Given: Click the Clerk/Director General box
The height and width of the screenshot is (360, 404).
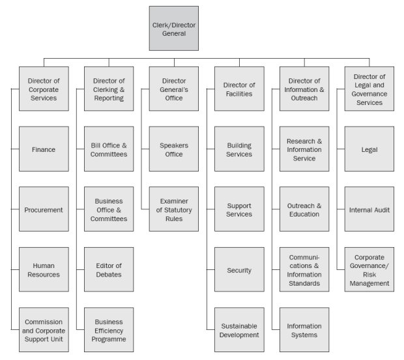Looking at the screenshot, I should tap(173, 28).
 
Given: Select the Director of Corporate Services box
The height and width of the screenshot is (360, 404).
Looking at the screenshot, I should tap(44, 89).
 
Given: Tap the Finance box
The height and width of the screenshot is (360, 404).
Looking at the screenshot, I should tap(44, 149).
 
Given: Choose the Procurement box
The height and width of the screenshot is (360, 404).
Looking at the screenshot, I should tap(44, 209).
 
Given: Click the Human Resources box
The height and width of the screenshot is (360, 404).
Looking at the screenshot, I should tap(44, 269).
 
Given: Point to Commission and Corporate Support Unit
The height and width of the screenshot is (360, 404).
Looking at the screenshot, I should tap(44, 330).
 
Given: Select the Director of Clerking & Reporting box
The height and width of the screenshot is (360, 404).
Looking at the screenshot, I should tap(109, 89).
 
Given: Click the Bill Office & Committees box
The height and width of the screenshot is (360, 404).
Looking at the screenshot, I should tap(109, 149).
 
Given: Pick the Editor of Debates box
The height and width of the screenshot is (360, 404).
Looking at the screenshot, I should tap(109, 269).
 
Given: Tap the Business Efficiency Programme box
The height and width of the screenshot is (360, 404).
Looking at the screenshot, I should tap(109, 330).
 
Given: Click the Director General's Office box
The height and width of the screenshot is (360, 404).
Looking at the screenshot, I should tap(173, 89).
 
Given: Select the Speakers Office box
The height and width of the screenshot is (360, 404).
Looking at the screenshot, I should tap(173, 149).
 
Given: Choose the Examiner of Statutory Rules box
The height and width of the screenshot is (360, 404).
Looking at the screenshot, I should tap(173, 209).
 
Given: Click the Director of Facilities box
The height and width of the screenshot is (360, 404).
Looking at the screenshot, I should tap(239, 89).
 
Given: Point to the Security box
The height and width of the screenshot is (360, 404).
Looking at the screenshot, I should tap(239, 269).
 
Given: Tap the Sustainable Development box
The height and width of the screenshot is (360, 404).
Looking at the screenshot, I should tap(239, 330).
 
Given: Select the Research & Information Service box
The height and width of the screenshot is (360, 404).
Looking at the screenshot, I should tap(304, 149).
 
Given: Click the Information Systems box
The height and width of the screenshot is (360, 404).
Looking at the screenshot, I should tap(304, 330).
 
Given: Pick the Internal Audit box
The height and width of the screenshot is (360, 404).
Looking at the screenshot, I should tap(369, 209).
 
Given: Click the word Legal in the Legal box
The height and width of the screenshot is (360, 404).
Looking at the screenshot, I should tap(369, 149).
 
